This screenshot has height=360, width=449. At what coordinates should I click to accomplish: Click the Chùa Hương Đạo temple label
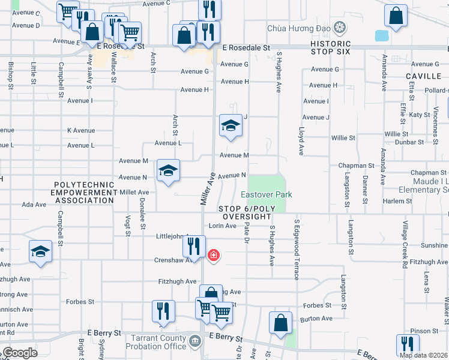(x=300, y=28)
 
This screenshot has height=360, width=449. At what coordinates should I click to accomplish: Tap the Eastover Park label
(x=267, y=194)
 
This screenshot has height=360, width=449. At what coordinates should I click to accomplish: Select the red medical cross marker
(x=212, y=256)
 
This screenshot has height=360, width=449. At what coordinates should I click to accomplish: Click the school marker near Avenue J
(x=231, y=126)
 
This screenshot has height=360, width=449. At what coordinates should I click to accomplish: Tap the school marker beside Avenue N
(x=169, y=171)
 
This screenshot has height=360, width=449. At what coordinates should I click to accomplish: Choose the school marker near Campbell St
(x=40, y=251)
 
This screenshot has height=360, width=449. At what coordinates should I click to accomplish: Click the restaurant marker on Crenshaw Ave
(x=194, y=246)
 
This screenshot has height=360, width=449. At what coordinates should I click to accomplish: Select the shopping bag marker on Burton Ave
(x=280, y=323)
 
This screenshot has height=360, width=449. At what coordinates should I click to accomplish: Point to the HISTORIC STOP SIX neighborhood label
(x=331, y=48)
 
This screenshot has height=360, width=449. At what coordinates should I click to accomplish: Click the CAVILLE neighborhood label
(x=423, y=76)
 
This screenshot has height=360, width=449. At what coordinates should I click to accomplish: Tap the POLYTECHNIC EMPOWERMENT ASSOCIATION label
(x=83, y=193)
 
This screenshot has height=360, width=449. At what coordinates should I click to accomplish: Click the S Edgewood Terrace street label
(x=296, y=248)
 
